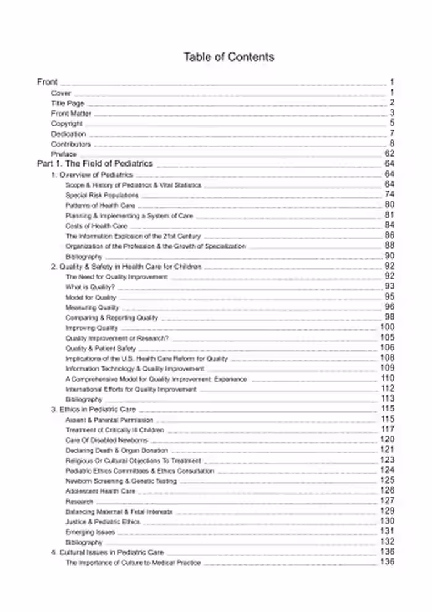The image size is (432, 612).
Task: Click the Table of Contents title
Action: tap(228, 57)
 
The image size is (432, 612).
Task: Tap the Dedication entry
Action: tap(69, 134)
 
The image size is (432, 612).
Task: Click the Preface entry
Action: tap(64, 154)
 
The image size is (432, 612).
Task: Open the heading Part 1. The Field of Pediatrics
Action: tap(95, 164)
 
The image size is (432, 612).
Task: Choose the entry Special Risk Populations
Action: tap(98, 195)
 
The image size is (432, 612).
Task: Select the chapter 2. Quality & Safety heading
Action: tap(126, 267)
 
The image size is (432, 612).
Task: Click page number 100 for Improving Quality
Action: tap(387, 328)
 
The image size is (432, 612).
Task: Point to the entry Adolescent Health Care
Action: tap(100, 491)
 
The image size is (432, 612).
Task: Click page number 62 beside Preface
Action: tap(389, 154)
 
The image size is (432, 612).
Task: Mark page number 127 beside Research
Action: tap(387, 501)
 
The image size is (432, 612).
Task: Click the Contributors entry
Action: tap(71, 144)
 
